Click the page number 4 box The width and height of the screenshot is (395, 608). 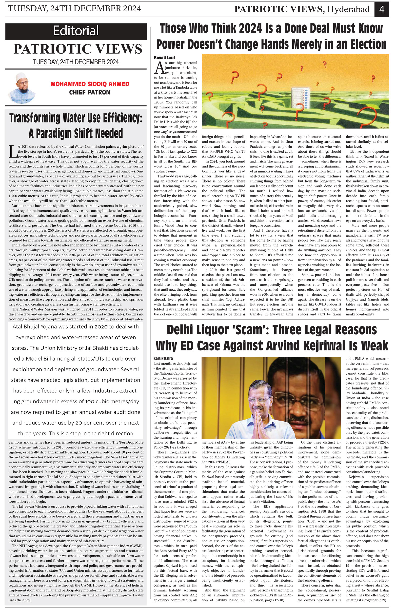[x=382, y=9]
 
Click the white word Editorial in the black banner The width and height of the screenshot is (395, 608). [x=76, y=31]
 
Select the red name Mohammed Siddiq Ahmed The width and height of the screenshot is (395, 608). [x=90, y=84]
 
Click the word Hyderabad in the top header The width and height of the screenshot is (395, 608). [x=349, y=9]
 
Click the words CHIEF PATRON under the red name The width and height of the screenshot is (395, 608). [x=90, y=92]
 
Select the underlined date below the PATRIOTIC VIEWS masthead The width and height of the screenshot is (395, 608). [x=76, y=62]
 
